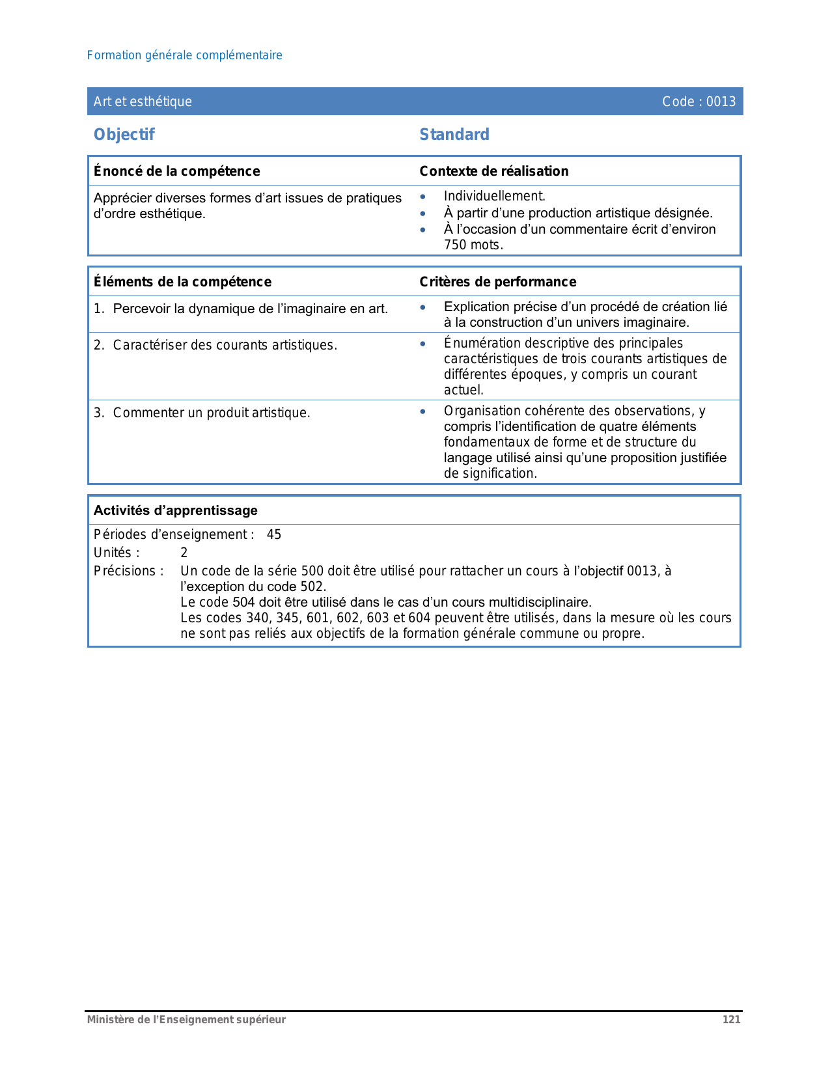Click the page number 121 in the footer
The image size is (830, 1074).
click(x=731, y=1019)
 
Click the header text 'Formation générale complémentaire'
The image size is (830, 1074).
click(x=184, y=55)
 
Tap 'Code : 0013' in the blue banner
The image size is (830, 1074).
click(x=699, y=102)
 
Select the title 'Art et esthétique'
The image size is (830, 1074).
click(x=143, y=102)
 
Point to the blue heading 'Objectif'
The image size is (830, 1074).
click(x=124, y=135)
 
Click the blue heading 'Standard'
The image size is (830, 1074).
click(x=454, y=135)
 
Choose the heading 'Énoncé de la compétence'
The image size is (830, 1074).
click(x=176, y=171)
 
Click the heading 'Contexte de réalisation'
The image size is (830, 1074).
click(x=493, y=171)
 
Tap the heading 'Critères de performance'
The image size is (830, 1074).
click(x=497, y=282)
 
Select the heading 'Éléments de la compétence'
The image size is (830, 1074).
click(x=182, y=282)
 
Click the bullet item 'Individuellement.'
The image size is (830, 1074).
click(x=494, y=196)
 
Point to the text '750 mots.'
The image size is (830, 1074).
click(x=473, y=245)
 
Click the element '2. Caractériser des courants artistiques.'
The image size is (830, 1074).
click(x=215, y=345)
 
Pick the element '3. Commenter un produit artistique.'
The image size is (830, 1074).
click(x=202, y=413)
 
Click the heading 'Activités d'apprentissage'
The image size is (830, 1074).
click(x=175, y=510)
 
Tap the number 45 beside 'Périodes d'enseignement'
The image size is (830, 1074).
click(x=273, y=534)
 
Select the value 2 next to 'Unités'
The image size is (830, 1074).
click(x=184, y=553)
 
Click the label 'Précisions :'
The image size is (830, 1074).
click(x=128, y=571)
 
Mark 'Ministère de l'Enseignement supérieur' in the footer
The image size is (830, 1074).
click(x=186, y=1019)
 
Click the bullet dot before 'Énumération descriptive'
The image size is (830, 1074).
click(x=422, y=343)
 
